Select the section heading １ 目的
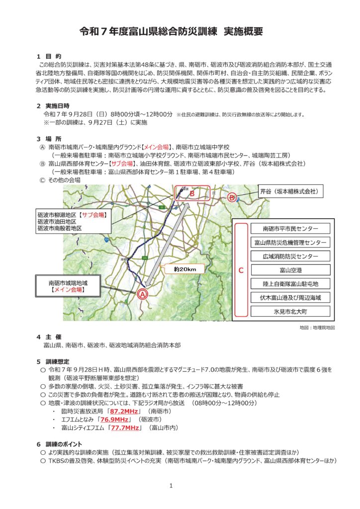click(49, 57)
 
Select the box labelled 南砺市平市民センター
click(290, 229)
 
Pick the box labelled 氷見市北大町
click(290, 312)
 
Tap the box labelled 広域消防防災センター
click(290, 256)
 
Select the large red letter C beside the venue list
click(241, 271)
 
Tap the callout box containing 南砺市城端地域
click(68, 285)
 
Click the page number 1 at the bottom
click(171, 485)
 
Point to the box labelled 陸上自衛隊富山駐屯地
click(290, 284)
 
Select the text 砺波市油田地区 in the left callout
click(57, 221)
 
